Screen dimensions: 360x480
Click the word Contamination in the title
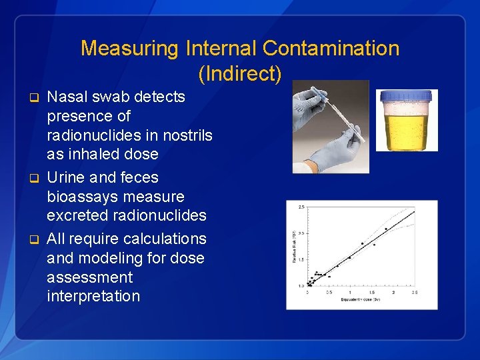point(331,49)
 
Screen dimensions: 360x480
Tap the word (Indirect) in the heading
point(240,73)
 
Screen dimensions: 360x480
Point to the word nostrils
point(182,135)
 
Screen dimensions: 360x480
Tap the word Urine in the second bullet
point(66,177)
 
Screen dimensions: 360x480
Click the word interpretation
point(93,296)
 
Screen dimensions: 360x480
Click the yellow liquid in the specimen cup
point(405,130)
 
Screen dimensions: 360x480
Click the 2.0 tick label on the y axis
point(301,233)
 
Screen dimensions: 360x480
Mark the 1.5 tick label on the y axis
point(301,259)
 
